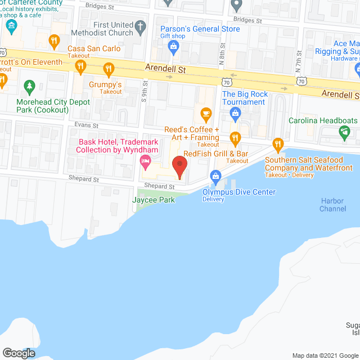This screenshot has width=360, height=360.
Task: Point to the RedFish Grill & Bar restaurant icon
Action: coord(236,137)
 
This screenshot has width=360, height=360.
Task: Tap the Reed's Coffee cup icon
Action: coord(206,115)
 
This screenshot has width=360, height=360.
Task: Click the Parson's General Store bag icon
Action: coord(174,46)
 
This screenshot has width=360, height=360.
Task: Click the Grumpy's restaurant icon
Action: coord(109,70)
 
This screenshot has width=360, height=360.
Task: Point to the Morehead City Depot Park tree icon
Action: coord(30,86)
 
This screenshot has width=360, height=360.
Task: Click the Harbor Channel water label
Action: coord(332,205)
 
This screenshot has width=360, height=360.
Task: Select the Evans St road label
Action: coord(87,125)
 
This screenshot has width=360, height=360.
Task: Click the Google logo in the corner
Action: coord(19,353)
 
